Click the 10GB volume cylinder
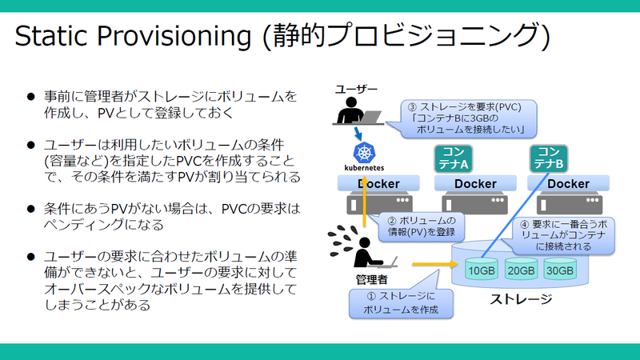[481, 270]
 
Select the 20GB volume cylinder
[520, 270]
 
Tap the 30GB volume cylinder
[559, 270]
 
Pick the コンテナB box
[549, 158]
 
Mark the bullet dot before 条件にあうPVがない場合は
[31, 209]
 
